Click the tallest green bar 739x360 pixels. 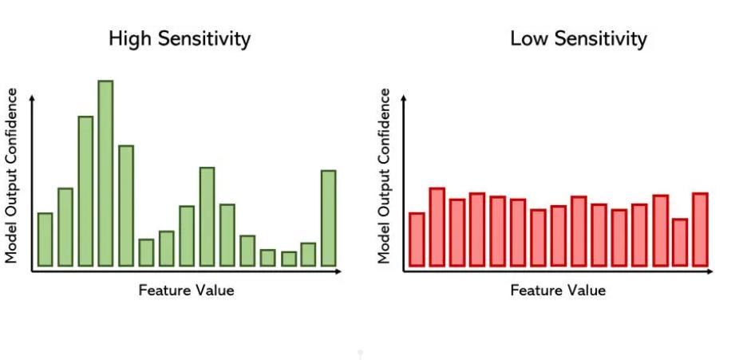[x=105, y=174]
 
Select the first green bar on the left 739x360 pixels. [x=45, y=239]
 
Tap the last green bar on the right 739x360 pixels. [x=328, y=218]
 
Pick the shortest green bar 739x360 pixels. [x=288, y=259]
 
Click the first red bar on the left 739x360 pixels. [x=417, y=239]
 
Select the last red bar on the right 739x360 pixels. [x=700, y=229]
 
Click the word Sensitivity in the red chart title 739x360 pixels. [x=601, y=38]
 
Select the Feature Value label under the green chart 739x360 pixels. [x=187, y=290]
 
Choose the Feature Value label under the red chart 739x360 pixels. [x=558, y=290]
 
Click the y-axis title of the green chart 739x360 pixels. [x=12, y=176]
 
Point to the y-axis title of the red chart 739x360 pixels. [x=385, y=176]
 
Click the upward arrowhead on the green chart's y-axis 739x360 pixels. [x=32, y=97]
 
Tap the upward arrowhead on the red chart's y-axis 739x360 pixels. [x=404, y=97]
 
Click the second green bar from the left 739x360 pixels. [x=65, y=227]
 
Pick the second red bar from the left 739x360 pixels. [x=437, y=227]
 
